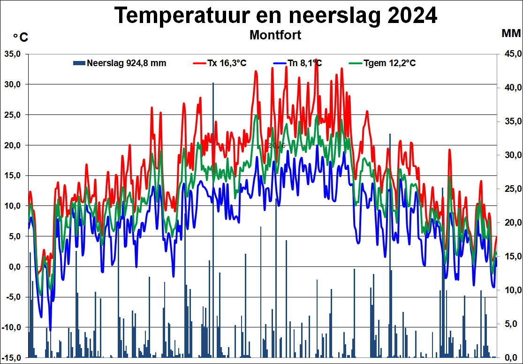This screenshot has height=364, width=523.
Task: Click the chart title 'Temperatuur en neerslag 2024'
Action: point(276,15)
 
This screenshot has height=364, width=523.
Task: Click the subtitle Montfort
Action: point(275,35)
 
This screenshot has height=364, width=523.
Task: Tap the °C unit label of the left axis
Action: point(20,38)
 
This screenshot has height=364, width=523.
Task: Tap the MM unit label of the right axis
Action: point(511,33)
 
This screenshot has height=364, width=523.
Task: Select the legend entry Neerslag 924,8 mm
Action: point(126,63)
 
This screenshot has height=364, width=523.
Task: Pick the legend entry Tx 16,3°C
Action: point(227,63)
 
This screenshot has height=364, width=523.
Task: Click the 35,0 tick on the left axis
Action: point(12,53)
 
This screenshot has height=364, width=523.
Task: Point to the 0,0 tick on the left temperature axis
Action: point(14,266)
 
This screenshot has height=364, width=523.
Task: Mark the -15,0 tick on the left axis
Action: point(11,357)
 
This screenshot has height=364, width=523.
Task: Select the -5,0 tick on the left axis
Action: point(13,297)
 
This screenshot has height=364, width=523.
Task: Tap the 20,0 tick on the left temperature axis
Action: point(12,145)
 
